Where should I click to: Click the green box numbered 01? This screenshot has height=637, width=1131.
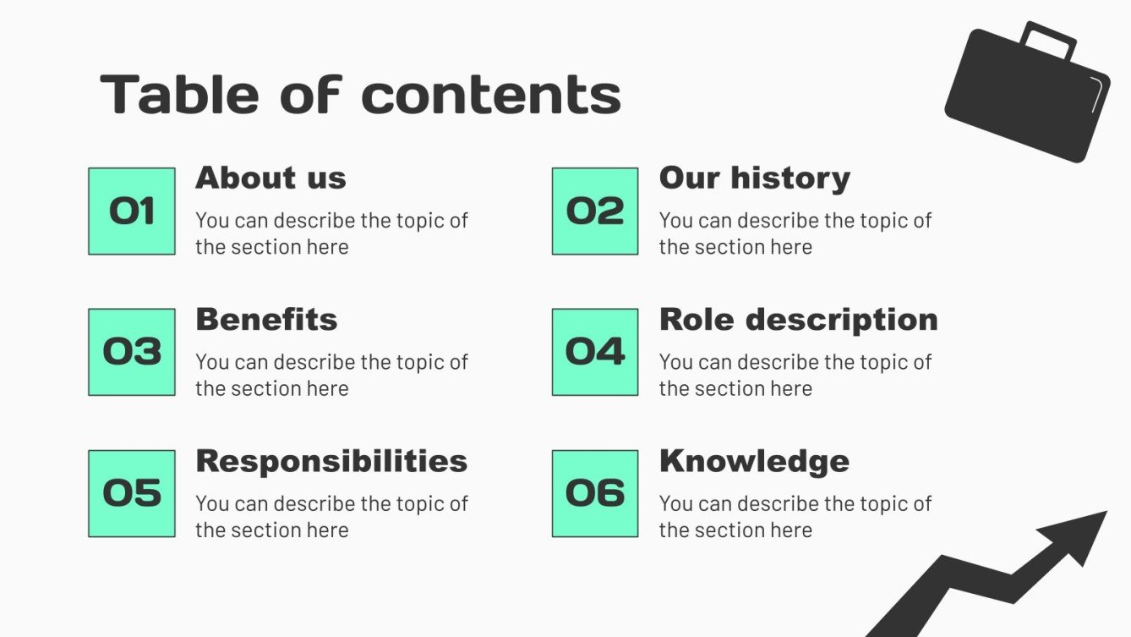click(x=132, y=211)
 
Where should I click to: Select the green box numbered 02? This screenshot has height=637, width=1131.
click(x=595, y=211)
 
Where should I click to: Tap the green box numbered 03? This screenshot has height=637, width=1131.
click(x=132, y=352)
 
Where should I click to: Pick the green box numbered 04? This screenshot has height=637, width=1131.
click(x=595, y=352)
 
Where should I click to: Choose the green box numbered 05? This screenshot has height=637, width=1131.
click(x=132, y=493)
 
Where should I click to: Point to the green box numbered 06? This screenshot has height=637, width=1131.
click(x=595, y=493)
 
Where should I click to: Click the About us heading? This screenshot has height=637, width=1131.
click(x=270, y=178)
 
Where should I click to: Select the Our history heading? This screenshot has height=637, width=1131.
click(x=754, y=178)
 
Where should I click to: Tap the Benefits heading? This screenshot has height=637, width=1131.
click(x=266, y=320)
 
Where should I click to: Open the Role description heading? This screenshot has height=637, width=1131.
click(x=798, y=320)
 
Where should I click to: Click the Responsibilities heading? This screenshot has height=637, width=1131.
click(x=331, y=461)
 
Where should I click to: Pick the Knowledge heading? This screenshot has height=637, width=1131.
click(x=754, y=461)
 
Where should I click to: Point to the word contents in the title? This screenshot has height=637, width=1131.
click(x=491, y=95)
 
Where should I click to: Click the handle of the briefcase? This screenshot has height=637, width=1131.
click(x=1049, y=38)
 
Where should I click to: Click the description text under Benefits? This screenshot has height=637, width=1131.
click(x=331, y=375)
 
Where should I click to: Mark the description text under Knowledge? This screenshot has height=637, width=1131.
click(x=795, y=516)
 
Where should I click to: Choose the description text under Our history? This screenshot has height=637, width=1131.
click(x=795, y=233)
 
